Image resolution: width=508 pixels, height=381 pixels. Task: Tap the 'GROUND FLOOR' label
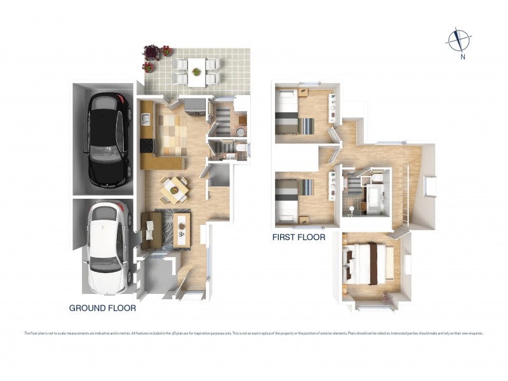pos(102,308)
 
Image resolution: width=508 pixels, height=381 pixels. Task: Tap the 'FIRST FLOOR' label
pos(298,237)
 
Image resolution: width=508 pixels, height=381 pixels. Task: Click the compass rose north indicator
pos(457,40)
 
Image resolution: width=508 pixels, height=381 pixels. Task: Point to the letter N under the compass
pos(464,57)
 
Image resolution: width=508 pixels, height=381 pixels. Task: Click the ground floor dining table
pos(173,187)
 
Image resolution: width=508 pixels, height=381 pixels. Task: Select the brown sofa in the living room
pos(149,230)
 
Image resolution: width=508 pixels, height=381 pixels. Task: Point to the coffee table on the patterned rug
pos(182,229)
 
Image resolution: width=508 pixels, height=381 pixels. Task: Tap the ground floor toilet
pos(241,148)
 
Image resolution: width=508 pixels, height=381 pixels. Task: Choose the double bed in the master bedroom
pos(365,263)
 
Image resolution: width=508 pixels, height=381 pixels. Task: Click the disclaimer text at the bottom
pos(254,333)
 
